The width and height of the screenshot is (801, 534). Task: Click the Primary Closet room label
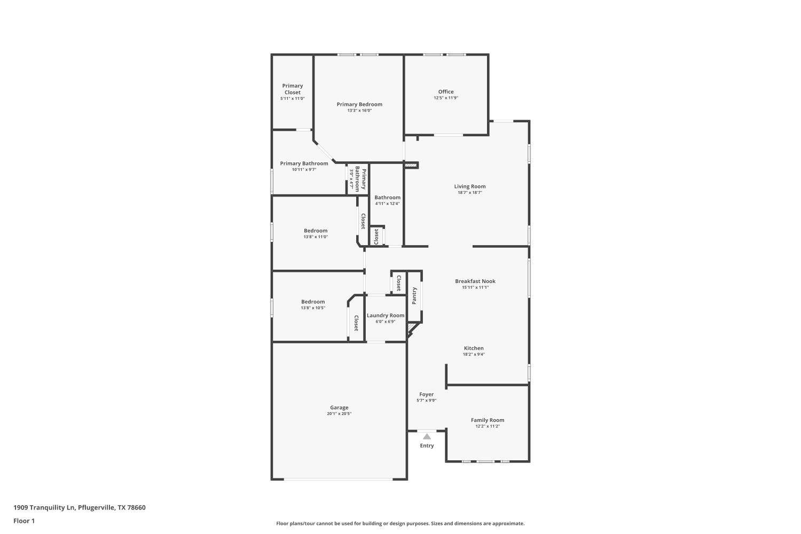[x=292, y=89]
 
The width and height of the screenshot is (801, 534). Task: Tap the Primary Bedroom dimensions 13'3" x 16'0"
[x=359, y=111]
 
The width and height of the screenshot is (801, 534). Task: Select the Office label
[x=446, y=92]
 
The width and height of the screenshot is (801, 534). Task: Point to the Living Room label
[x=470, y=186]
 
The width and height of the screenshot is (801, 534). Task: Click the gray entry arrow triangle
[x=427, y=436]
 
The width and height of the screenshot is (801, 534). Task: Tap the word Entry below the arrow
[x=427, y=445]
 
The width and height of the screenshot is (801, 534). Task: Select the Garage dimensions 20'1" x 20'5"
[x=339, y=414]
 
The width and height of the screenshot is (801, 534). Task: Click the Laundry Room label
[x=386, y=316]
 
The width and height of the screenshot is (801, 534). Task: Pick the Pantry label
[x=414, y=296]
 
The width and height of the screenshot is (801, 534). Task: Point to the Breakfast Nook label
[x=475, y=281]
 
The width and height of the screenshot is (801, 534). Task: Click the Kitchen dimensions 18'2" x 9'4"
[x=474, y=354]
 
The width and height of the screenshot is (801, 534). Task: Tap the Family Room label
[x=488, y=420]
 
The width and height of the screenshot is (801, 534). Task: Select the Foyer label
[x=426, y=395]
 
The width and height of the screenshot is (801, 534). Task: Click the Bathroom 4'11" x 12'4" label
[x=387, y=198]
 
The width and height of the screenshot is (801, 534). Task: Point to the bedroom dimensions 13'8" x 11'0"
[x=316, y=237]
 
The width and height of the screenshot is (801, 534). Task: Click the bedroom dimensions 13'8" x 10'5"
[x=313, y=308]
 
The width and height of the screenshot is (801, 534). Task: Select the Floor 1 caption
[x=24, y=521]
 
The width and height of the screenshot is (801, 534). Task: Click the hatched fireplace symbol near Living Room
[x=411, y=166]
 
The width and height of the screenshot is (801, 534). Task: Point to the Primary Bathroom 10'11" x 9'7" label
[x=304, y=163]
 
